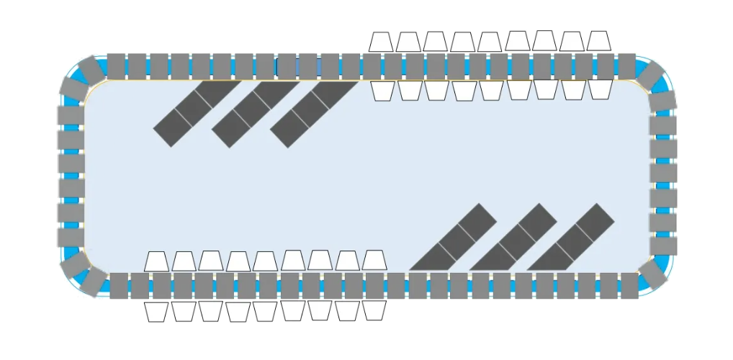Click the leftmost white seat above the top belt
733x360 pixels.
click(x=381, y=42)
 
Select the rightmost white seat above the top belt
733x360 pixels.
click(x=598, y=41)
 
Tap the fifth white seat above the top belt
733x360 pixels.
click(x=490, y=42)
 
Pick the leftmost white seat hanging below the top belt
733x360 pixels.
click(x=382, y=90)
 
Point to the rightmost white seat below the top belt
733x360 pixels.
click(x=600, y=89)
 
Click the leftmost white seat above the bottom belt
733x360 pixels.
click(x=156, y=261)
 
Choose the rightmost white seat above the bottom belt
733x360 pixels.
click(x=374, y=260)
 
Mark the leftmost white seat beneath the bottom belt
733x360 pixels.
click(x=156, y=311)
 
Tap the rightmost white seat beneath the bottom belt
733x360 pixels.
click(x=374, y=310)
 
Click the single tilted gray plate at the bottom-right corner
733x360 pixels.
click(x=652, y=274)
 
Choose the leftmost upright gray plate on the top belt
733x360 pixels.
click(x=117, y=66)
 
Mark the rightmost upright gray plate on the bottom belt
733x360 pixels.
click(x=629, y=285)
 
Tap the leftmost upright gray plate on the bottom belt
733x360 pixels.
click(x=119, y=285)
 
